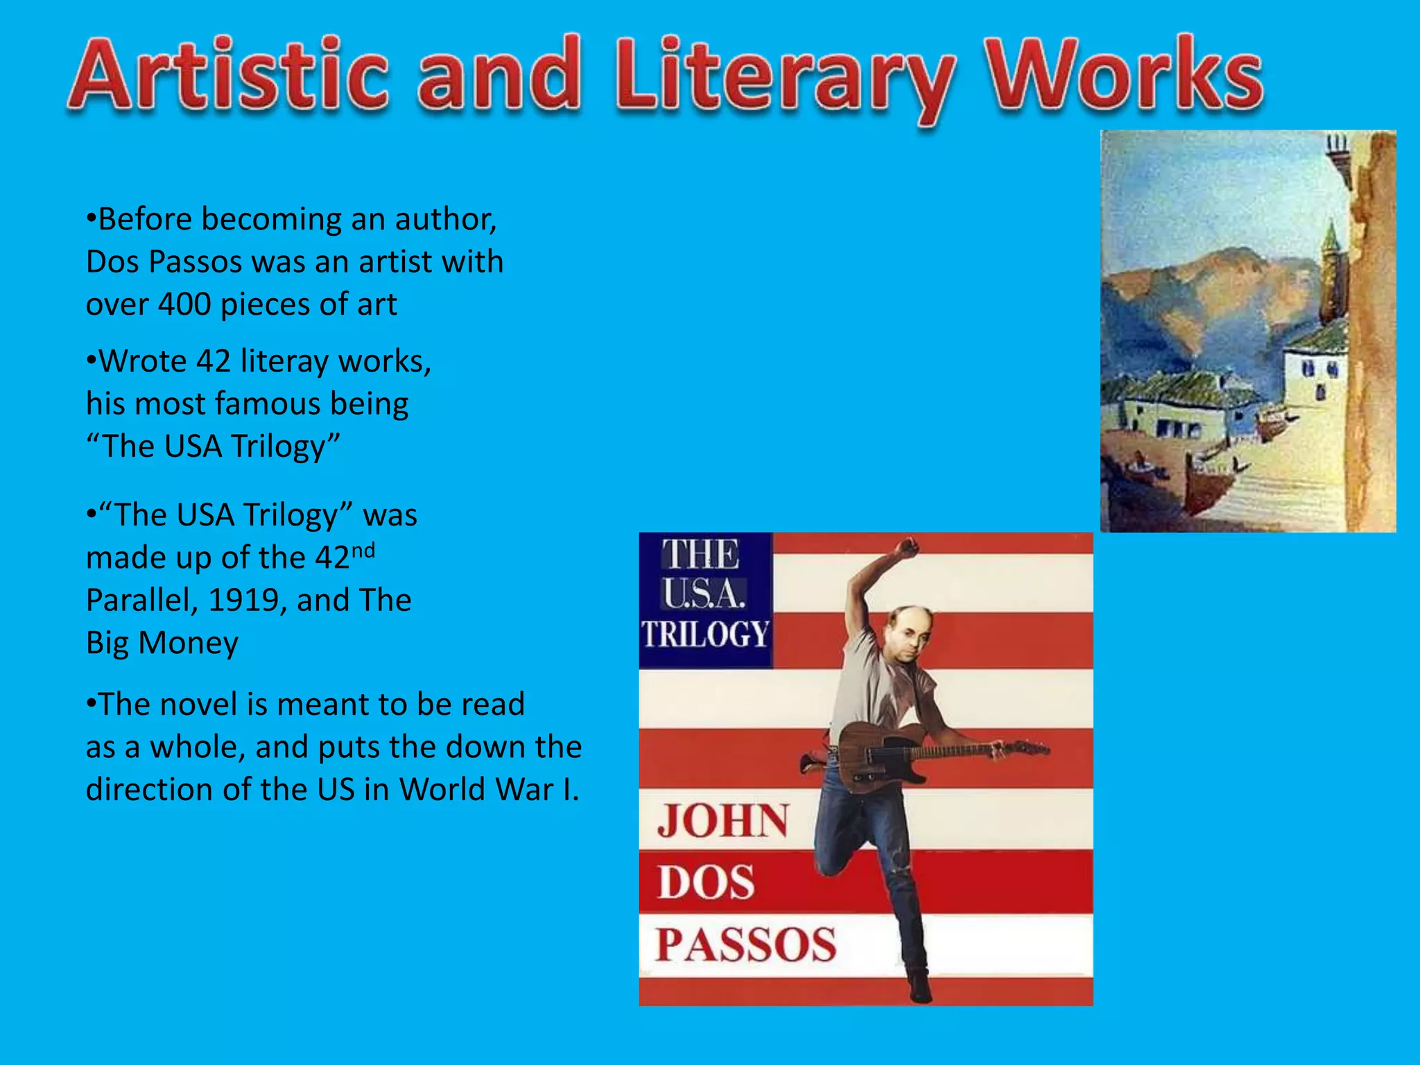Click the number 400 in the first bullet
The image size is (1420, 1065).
pos(184,304)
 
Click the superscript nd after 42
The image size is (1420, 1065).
pos(363,551)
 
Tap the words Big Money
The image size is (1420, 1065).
pos(162,643)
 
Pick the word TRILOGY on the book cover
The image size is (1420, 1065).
pos(704,634)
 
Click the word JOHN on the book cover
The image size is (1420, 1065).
pos(722,822)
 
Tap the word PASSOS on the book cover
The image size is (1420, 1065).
pos(746,945)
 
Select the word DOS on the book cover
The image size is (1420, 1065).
pos(706,883)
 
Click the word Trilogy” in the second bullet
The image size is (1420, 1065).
pos(286,447)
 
